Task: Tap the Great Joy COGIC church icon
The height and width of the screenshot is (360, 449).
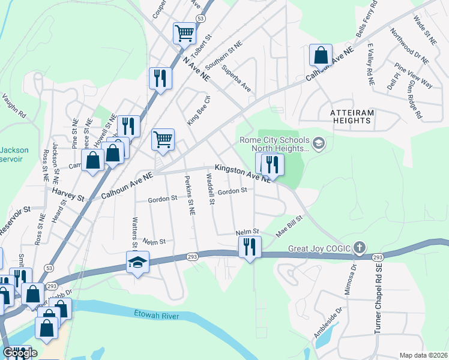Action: pos(359,247)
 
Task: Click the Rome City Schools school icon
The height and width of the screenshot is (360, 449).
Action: pos(318,143)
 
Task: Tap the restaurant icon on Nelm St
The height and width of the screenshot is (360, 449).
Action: pos(248,247)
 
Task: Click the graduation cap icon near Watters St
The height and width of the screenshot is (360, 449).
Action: pos(137,263)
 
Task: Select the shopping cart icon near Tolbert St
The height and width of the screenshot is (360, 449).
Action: pos(184,32)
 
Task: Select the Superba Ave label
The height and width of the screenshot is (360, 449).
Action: pos(235,78)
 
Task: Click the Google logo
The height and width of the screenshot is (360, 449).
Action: pos(19,353)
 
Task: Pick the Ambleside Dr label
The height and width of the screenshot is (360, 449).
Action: pos(327,323)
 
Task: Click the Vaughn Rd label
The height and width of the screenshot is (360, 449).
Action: pos(14,105)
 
